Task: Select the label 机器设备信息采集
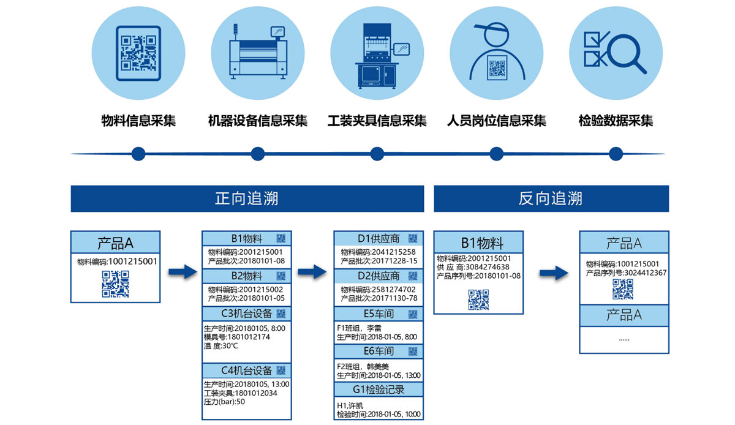coord(258,121)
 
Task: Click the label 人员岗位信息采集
coord(497,121)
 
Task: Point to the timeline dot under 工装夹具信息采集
coord(377,153)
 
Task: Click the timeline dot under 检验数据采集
coord(616,153)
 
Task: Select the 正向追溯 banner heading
coord(247,198)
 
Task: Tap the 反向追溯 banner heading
coord(551,198)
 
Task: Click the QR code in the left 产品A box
coord(115,284)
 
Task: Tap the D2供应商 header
coord(379,276)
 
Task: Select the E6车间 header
coord(379,352)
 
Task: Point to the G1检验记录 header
coord(379,389)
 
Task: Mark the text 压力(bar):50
coord(224,402)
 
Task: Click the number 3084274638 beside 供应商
coord(488,267)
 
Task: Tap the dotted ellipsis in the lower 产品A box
coord(624,339)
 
